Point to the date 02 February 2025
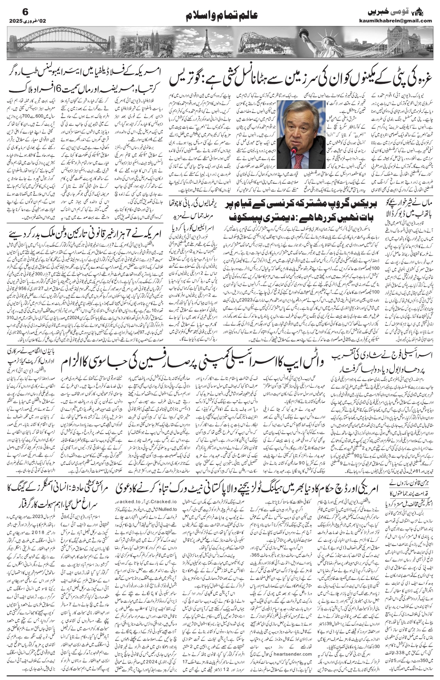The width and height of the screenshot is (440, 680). tap(28, 21)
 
